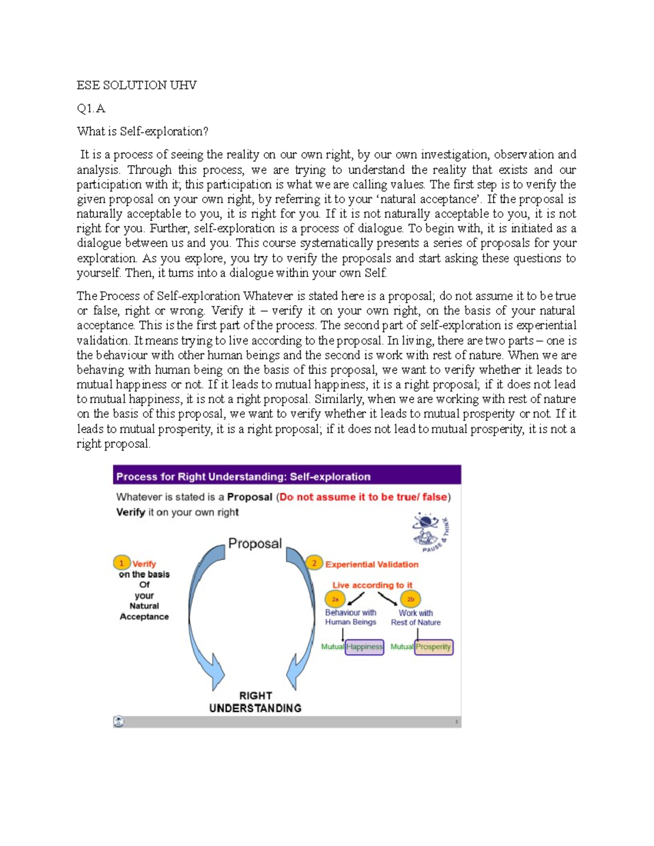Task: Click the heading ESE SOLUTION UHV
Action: pyautogui.click(x=136, y=85)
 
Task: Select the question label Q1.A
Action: pyautogui.click(x=91, y=108)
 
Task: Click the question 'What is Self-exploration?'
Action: pyautogui.click(x=142, y=131)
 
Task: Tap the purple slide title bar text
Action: pyautogui.click(x=243, y=477)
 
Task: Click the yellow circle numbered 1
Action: pyautogui.click(x=122, y=563)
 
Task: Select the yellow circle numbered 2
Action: pyautogui.click(x=314, y=563)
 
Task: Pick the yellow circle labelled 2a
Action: pyautogui.click(x=335, y=599)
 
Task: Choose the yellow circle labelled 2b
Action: pyautogui.click(x=410, y=599)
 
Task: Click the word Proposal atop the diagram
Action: pyautogui.click(x=255, y=543)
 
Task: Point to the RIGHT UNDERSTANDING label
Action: pyautogui.click(x=255, y=702)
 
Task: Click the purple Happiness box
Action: pyautogui.click(x=365, y=647)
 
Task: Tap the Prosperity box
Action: pyautogui.click(x=433, y=647)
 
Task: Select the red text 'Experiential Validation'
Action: pyautogui.click(x=372, y=564)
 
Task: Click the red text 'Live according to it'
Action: pyautogui.click(x=372, y=585)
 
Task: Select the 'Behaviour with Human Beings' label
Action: pyautogui.click(x=350, y=617)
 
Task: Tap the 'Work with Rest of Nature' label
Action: pyautogui.click(x=416, y=617)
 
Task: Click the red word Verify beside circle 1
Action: pyautogui.click(x=144, y=564)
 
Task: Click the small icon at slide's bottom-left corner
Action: pyautogui.click(x=119, y=721)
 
